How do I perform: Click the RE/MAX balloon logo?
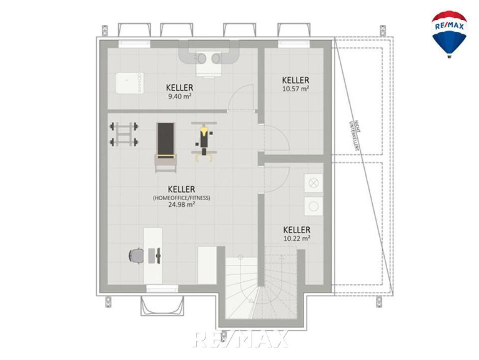point(449,34)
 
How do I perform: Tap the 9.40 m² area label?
point(180,97)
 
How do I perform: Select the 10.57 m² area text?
point(295,89)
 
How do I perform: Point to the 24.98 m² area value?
point(182,205)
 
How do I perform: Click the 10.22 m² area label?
point(297,238)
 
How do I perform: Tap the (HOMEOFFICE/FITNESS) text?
point(182,197)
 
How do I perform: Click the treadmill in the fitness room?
point(166,147)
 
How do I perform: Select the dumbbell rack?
point(124,134)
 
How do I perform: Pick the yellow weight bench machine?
point(204,142)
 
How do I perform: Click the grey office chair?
point(136,256)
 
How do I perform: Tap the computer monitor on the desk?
point(158,256)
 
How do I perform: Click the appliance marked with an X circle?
point(314,183)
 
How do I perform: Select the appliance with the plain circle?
point(314,206)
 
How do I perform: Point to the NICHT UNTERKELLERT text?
point(355,135)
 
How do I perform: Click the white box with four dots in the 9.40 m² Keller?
point(129,83)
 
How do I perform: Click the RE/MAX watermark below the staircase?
point(240,339)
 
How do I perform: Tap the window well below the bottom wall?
point(162,306)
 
